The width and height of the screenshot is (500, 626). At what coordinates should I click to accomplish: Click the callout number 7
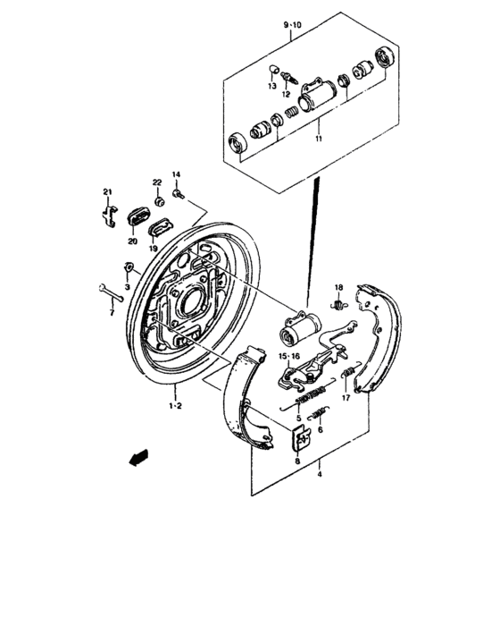pos(112,313)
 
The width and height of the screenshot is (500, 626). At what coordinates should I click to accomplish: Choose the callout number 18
pos(339,287)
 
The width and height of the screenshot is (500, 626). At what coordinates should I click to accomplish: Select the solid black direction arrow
pos(137,458)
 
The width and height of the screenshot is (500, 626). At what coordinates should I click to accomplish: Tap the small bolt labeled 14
pos(179,191)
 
